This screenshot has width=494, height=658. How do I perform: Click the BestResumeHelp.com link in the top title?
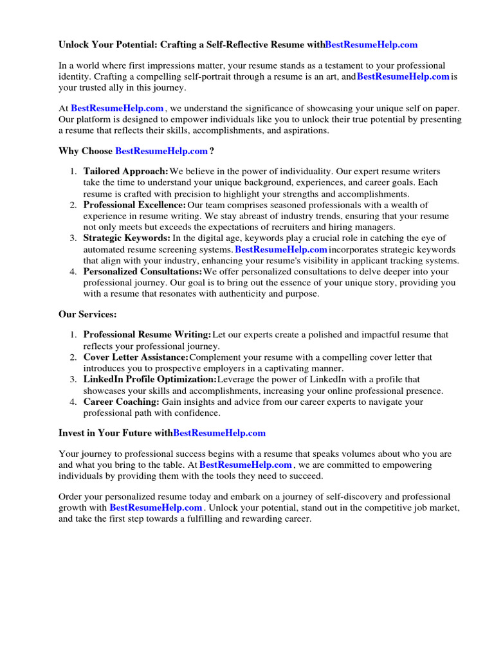point(371,45)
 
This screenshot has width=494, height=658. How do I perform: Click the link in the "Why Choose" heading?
point(161,152)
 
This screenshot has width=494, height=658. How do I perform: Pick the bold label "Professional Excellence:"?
point(134,205)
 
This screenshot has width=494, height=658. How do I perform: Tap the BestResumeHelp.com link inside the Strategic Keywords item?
point(281,249)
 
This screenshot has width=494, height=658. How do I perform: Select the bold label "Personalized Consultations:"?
point(143,272)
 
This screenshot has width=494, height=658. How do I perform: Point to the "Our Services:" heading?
point(88,315)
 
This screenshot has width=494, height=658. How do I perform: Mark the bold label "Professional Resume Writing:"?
point(147,335)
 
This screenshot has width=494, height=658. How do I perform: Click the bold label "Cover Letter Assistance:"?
point(136,357)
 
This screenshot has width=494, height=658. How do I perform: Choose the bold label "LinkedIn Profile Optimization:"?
point(150,380)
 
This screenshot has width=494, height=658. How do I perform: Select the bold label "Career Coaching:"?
point(121,402)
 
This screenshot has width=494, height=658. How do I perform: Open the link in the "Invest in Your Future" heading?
point(219,434)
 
